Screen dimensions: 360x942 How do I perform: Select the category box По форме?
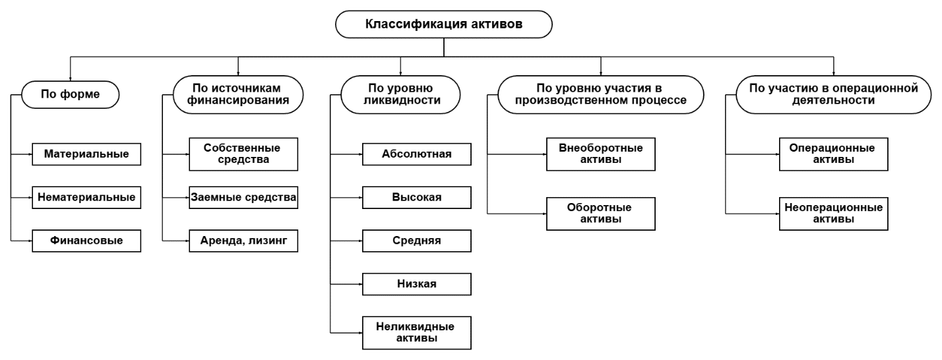[x=70, y=94]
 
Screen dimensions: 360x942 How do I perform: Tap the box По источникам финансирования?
[x=237, y=94]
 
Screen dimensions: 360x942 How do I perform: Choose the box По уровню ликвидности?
[x=400, y=94]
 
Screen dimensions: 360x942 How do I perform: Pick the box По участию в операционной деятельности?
[x=834, y=94]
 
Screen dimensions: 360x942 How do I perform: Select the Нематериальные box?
[x=86, y=196]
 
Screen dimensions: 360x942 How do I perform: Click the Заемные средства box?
[x=243, y=196]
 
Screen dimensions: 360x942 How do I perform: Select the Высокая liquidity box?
[x=416, y=196]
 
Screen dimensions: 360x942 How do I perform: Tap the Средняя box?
[x=416, y=240]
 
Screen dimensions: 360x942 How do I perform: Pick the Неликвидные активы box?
[x=416, y=332]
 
